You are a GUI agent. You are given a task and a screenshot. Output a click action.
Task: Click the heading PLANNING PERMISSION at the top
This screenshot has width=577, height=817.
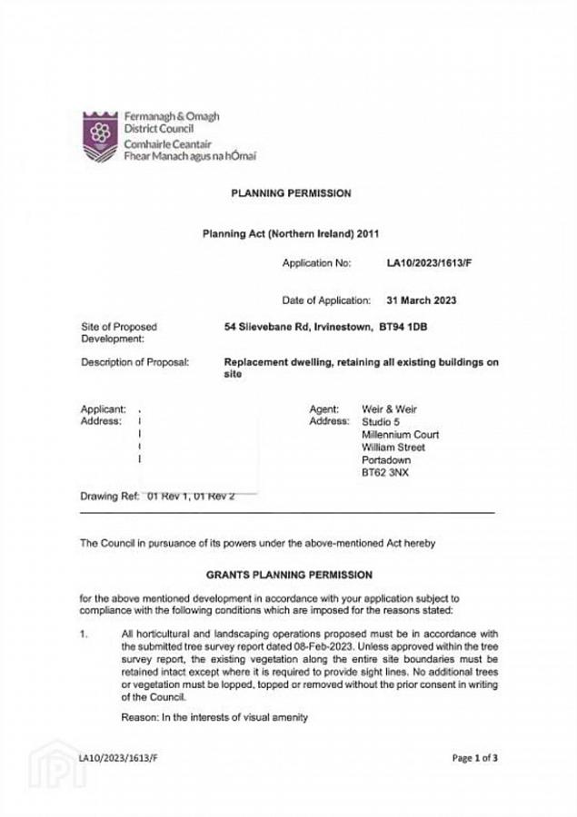coord(291,193)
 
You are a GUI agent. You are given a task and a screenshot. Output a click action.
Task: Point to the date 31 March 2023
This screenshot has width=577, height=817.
coord(421,300)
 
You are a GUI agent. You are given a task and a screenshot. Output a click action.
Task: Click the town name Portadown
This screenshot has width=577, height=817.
coord(387,460)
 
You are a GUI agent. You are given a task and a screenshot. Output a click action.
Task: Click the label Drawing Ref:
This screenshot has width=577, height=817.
coord(109,497)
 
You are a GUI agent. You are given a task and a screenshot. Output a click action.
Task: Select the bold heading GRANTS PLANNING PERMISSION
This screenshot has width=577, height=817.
coord(288,575)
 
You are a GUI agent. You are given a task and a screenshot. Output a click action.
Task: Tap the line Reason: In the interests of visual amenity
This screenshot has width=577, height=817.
coord(214,717)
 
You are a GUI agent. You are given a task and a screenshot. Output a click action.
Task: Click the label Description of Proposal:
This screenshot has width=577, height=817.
coord(134,363)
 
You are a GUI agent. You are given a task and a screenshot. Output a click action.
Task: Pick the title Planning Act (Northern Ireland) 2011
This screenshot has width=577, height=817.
coord(289,232)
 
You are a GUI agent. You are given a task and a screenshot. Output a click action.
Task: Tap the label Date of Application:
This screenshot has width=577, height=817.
coord(325,300)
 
